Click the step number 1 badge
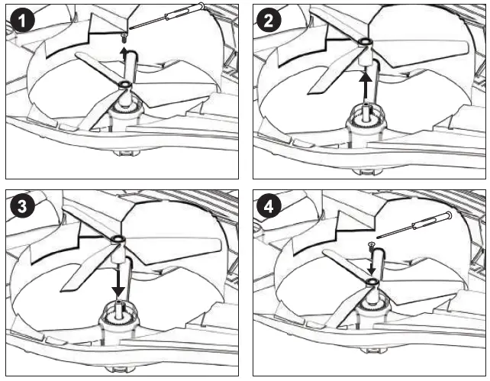pos(24,20)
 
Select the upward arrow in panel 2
pos(366,83)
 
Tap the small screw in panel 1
pos(125,36)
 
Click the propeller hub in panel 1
pos(124,85)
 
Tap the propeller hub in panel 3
pos(119,243)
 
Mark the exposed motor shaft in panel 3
pos(120,308)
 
